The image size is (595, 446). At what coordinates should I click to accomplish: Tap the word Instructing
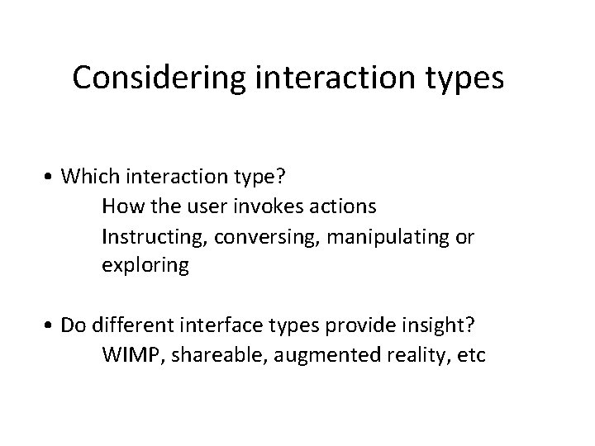click(x=155, y=237)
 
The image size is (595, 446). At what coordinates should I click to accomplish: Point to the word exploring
click(x=145, y=267)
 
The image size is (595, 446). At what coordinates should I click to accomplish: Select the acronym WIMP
click(x=128, y=356)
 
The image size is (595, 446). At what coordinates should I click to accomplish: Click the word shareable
click(x=207, y=356)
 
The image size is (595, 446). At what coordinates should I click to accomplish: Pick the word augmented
click(x=307, y=356)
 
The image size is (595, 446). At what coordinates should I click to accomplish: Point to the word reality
click(x=401, y=356)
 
